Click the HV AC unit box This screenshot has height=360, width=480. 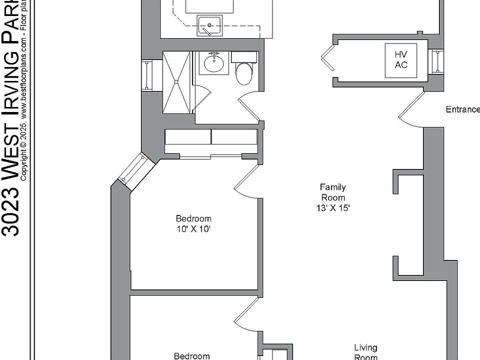coord(401,60)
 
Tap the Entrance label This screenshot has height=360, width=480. coord(462,109)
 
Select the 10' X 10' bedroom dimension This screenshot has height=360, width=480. coord(193,229)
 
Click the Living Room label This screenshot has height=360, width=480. coord(365,352)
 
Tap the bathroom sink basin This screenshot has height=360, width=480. coord(215,63)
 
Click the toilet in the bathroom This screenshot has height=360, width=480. coord(244,73)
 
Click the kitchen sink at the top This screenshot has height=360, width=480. coord(208,25)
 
